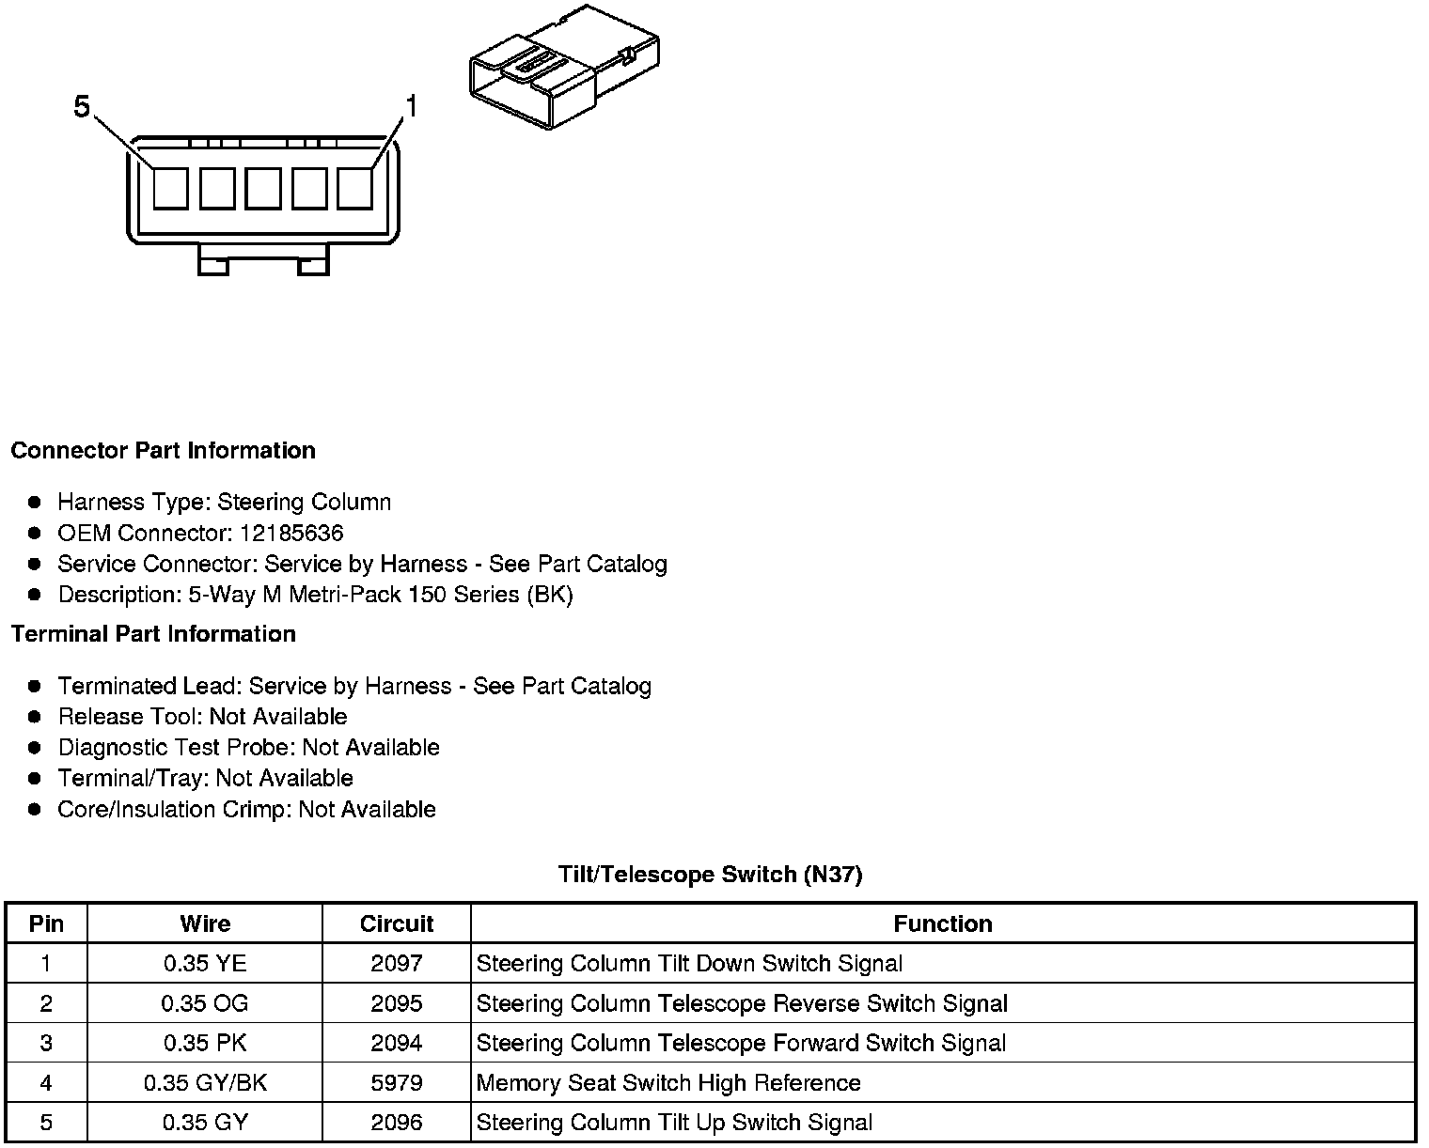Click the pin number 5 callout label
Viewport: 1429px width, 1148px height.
[82, 107]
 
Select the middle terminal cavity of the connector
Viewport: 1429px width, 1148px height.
[263, 188]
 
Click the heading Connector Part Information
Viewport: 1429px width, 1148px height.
[163, 451]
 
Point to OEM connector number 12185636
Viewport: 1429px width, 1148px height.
[291, 534]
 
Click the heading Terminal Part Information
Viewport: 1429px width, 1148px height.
[153, 634]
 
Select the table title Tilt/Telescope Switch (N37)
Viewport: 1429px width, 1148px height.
[710, 875]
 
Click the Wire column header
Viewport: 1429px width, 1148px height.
[205, 923]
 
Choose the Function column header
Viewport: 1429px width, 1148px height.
[942, 923]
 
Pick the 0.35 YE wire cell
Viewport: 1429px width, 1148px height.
[205, 963]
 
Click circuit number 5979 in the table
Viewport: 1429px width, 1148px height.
[396, 1082]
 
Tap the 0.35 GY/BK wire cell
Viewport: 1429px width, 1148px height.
[205, 1082]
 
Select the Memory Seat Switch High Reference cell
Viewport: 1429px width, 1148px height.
[668, 1082]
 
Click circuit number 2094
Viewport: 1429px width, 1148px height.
[396, 1043]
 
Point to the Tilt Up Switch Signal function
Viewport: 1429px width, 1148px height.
[674, 1123]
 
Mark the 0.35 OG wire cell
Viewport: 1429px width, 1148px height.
[205, 1003]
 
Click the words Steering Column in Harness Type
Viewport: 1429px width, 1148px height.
[304, 503]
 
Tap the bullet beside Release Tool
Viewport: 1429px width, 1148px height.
[35, 717]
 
